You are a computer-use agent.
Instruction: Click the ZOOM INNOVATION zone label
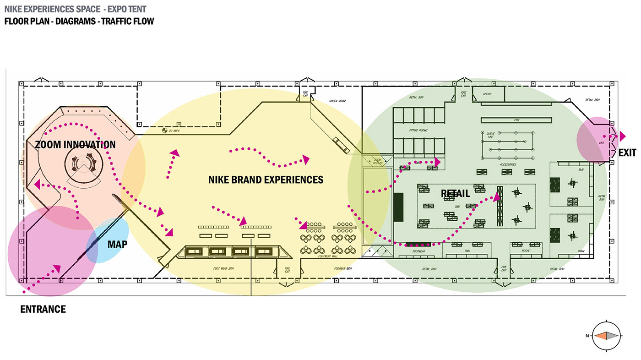click(x=76, y=145)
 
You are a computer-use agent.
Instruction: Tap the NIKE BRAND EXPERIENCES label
click(x=266, y=180)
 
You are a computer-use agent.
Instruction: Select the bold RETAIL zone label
click(x=455, y=193)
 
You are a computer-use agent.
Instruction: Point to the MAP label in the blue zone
click(x=117, y=244)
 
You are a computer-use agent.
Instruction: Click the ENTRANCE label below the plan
click(x=43, y=309)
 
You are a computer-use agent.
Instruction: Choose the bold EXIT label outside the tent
click(x=627, y=153)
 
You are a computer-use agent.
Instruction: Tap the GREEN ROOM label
click(x=337, y=101)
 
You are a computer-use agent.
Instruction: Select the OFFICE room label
click(x=487, y=94)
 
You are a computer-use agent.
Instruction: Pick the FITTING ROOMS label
click(x=418, y=131)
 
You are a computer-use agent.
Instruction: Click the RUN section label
click(x=581, y=170)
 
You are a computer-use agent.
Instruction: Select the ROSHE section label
click(x=525, y=251)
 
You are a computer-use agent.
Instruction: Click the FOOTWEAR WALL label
click(x=328, y=256)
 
